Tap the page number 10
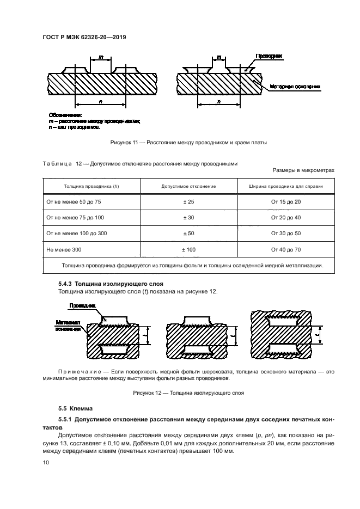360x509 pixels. [x=45, y=462]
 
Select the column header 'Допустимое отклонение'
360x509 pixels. [x=188, y=186]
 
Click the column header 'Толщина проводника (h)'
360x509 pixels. [x=91, y=186]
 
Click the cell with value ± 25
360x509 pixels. [x=188, y=201]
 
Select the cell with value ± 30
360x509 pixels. [x=188, y=217]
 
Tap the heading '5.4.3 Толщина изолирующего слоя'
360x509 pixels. [x=111, y=284]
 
